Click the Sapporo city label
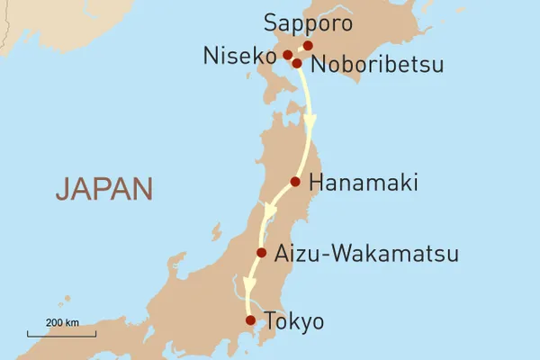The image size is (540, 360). (x=309, y=22)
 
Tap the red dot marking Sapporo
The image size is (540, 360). (x=308, y=45)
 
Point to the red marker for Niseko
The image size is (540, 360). (x=288, y=55)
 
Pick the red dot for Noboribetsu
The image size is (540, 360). (x=296, y=63)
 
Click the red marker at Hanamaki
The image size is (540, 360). (x=295, y=182)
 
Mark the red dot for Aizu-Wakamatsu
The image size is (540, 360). (x=262, y=253)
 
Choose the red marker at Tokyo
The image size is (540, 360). (x=250, y=319)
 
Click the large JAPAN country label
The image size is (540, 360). (x=103, y=189)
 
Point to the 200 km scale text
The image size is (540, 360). (x=63, y=321)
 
